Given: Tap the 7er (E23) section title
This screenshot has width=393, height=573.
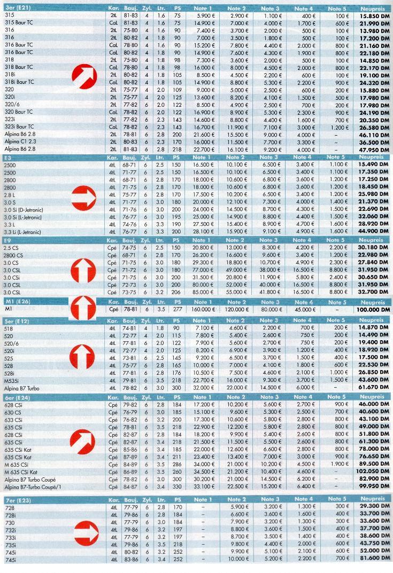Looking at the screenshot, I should coord(17,500).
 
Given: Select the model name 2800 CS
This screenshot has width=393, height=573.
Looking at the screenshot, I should coord(13,255).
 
